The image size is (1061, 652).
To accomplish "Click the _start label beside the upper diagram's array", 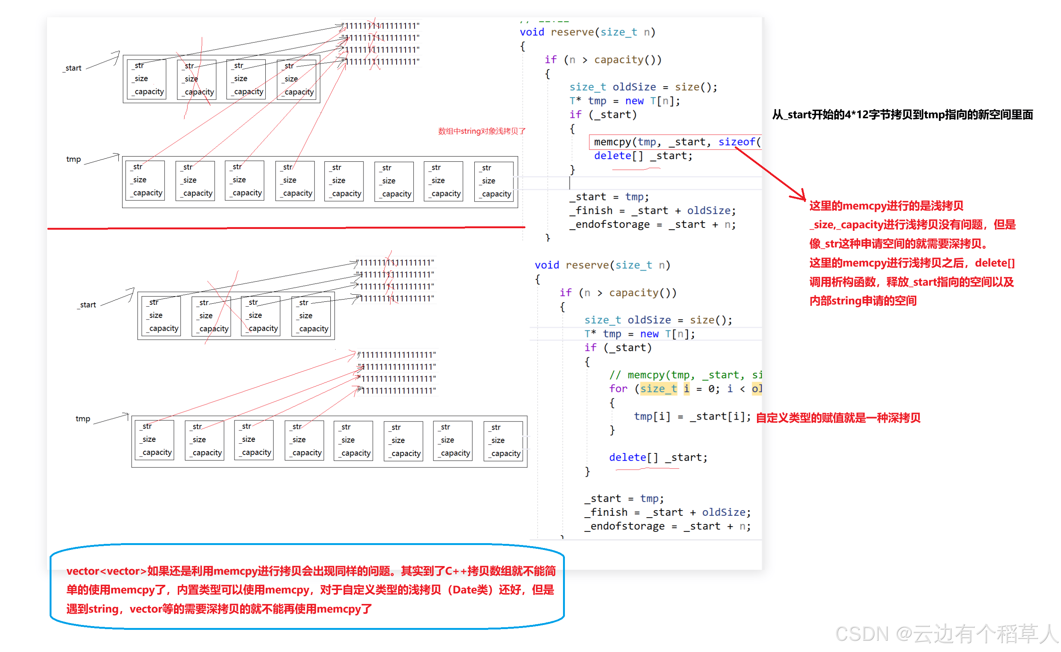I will tap(73, 68).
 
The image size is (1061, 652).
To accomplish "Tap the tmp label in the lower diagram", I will tap(82, 419).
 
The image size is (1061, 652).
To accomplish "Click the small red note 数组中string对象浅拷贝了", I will tap(481, 131).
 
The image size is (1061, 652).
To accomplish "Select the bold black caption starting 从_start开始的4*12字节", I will tap(902, 115).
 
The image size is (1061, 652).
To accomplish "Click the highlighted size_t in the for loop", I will tap(658, 388).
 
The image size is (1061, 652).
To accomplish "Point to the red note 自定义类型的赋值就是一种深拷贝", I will tap(838, 417).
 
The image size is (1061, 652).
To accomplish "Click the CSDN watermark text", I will tap(945, 634).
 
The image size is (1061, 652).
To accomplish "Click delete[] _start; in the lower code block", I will tap(658, 457).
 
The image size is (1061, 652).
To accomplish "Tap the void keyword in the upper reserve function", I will tap(531, 32).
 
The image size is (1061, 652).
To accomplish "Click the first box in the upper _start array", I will tap(147, 79).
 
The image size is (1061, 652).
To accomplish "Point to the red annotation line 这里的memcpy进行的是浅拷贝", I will tap(886, 206).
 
